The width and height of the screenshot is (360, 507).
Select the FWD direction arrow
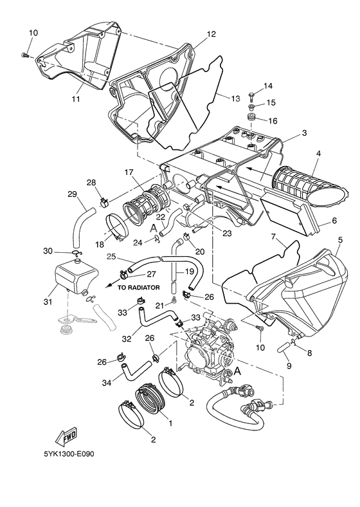coord(69,438)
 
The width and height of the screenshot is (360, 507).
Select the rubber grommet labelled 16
coord(252,120)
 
